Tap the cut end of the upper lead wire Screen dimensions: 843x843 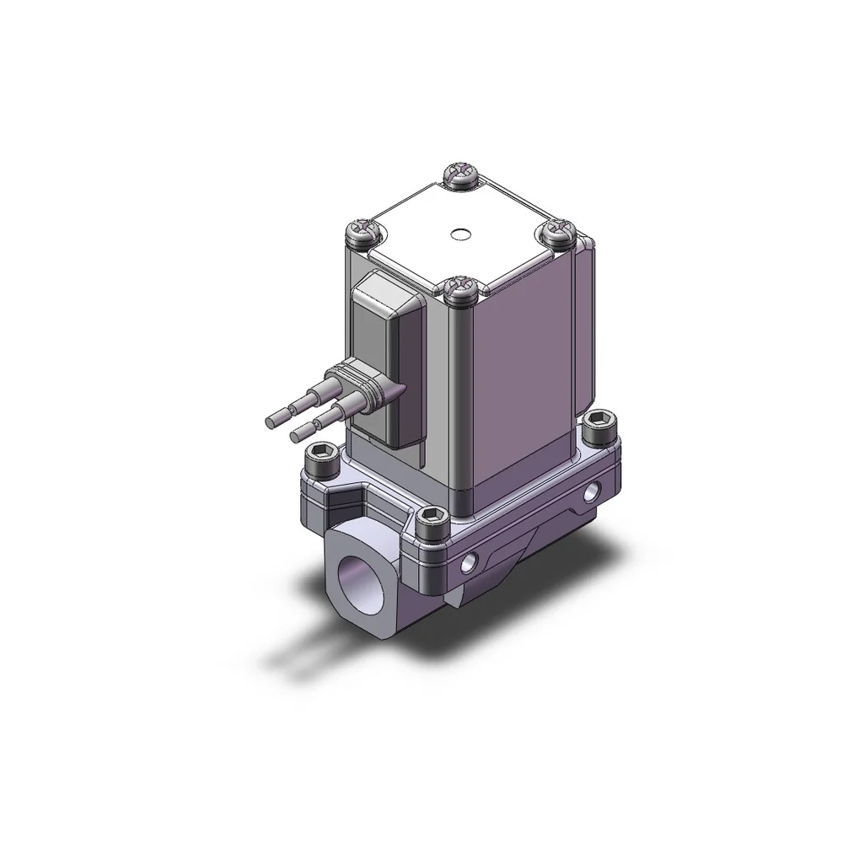[273, 419]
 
